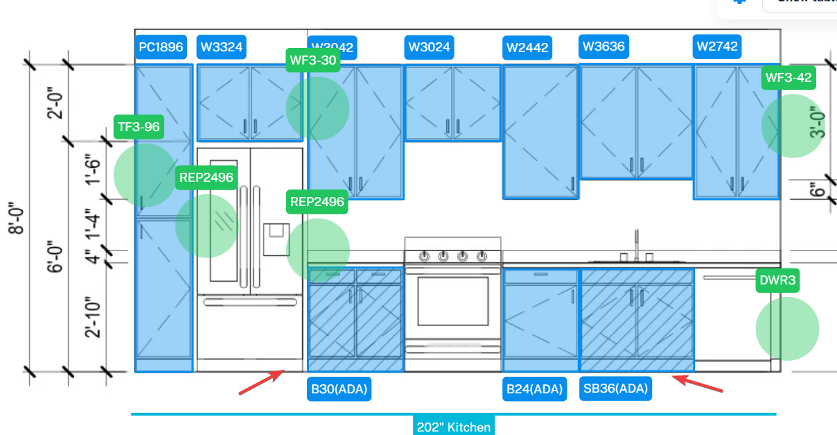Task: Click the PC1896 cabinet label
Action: tap(161, 48)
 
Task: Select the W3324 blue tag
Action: tap(221, 48)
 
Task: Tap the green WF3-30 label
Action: tap(313, 60)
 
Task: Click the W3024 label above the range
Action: tap(429, 47)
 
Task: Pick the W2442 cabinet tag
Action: tap(527, 48)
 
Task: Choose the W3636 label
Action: tap(603, 47)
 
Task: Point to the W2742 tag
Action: tap(717, 47)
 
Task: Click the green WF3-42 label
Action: tap(788, 78)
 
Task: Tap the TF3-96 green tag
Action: tap(139, 127)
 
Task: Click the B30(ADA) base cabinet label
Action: tap(338, 389)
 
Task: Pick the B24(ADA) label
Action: tap(534, 389)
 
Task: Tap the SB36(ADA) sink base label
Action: tap(615, 389)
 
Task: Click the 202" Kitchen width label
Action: tap(453, 427)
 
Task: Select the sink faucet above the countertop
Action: tap(637, 246)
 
